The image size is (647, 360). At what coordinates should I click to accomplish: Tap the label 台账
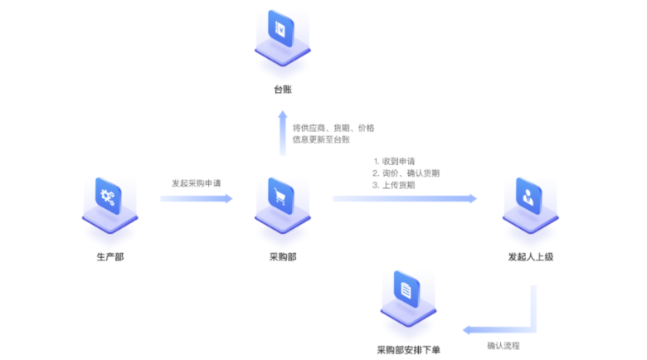pos(283,90)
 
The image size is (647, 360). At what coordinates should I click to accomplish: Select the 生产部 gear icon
pos(109,197)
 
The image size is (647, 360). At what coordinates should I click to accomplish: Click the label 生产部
pos(109,257)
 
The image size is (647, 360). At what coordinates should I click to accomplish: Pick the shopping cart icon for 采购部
pos(282,197)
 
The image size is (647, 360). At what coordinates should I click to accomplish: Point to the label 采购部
pos(282,257)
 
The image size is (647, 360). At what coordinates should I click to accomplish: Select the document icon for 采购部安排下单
pos(406,290)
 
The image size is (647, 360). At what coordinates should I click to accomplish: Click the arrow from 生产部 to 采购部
pos(196,199)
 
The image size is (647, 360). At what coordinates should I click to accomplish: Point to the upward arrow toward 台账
pos(283,133)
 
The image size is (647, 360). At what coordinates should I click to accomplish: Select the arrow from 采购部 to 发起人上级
pos(404,199)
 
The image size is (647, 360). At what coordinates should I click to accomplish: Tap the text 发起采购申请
pos(196,182)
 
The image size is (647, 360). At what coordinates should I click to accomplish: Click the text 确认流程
pos(503,344)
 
